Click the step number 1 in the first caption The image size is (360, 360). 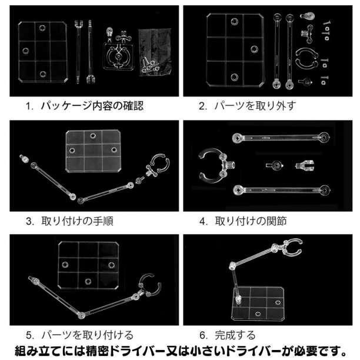point(28,106)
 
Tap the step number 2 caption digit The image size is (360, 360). point(202,106)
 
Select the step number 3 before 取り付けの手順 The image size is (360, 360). point(29,222)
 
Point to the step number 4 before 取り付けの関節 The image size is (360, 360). point(203,222)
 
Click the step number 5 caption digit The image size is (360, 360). point(29,335)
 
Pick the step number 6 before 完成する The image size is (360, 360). point(203,335)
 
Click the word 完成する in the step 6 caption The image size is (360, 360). point(235,335)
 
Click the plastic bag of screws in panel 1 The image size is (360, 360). point(155,52)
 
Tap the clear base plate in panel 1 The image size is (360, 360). point(43,52)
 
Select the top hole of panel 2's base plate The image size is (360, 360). point(234,22)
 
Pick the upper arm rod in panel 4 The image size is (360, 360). point(281,138)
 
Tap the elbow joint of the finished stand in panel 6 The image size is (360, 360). point(232,266)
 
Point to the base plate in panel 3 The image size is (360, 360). point(93,151)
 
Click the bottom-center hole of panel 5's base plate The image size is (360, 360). point(88,282)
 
